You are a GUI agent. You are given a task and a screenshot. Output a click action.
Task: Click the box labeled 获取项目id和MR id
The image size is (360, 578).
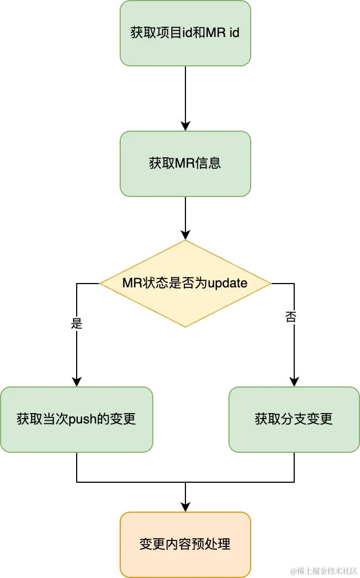[185, 33]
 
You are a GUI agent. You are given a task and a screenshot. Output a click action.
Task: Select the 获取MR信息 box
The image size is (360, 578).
[185, 163]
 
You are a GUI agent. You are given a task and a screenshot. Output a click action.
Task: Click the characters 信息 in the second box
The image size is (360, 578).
[209, 163]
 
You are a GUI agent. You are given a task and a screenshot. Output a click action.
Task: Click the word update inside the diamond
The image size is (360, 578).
[228, 284]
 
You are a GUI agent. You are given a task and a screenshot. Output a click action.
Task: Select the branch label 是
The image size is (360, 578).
[76, 323]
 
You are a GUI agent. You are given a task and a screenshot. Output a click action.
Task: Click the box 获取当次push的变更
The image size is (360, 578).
[76, 419]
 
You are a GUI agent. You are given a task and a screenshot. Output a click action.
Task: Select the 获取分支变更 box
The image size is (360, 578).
[294, 419]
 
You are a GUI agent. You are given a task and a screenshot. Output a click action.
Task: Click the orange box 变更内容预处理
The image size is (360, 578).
[185, 544]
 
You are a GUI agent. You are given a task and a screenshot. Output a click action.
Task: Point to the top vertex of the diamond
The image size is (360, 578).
[185, 241]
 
